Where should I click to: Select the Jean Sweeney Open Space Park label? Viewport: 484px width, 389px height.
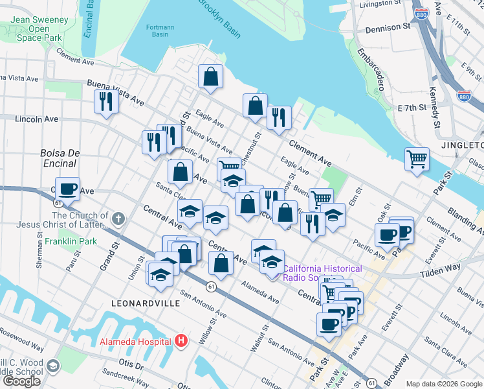tap(39, 29)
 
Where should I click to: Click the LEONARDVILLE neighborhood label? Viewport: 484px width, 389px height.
tap(140, 303)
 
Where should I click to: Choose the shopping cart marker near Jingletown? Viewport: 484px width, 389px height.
tap(417, 159)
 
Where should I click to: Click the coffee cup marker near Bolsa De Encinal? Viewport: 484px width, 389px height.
tap(67, 189)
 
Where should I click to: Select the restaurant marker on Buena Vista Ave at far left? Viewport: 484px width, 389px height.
tap(105, 102)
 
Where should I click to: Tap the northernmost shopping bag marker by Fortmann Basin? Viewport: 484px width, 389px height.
tap(210, 77)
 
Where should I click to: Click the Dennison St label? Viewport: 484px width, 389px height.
tap(388, 29)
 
